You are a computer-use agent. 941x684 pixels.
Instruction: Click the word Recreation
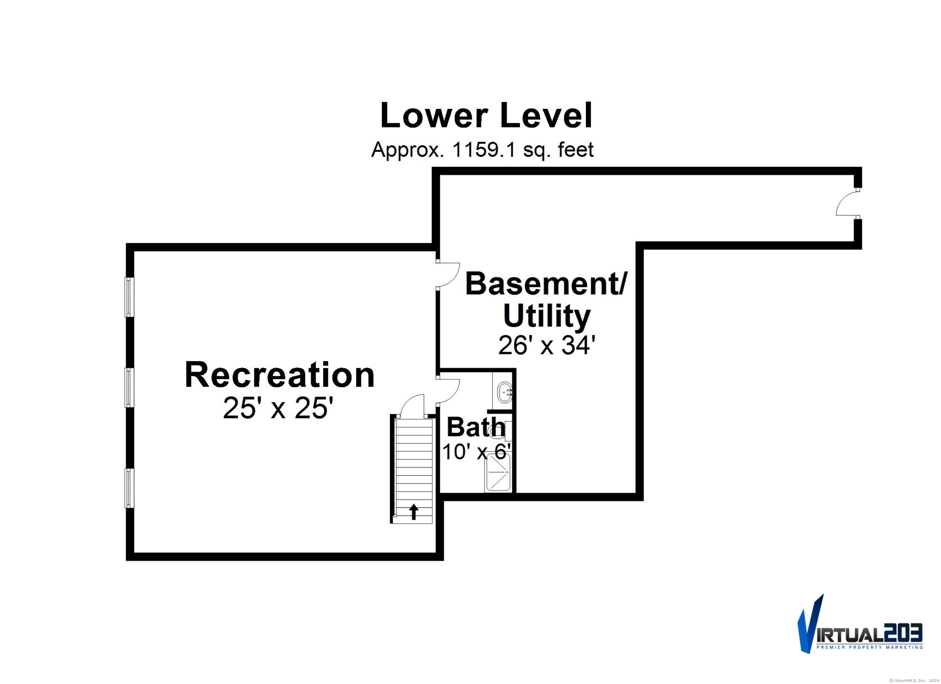coord(280,375)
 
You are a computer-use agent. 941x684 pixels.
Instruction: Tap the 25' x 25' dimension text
coord(278,408)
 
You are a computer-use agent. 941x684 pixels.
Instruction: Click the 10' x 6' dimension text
coord(476,451)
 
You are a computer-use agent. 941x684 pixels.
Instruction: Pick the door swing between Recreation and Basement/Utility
coord(448,275)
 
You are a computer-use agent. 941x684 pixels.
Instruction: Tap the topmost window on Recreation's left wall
coord(130,297)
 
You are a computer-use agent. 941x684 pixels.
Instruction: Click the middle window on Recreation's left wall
coord(130,387)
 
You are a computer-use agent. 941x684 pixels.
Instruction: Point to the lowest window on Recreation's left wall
coord(130,488)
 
